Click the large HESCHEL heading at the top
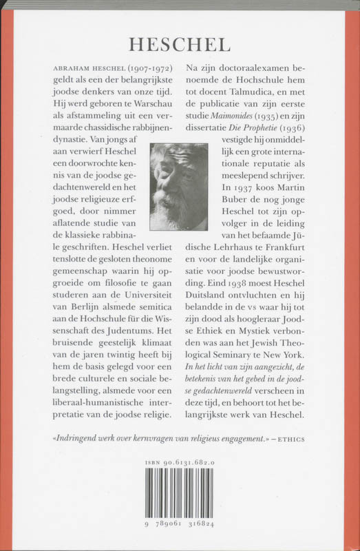pyautogui.click(x=179, y=44)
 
